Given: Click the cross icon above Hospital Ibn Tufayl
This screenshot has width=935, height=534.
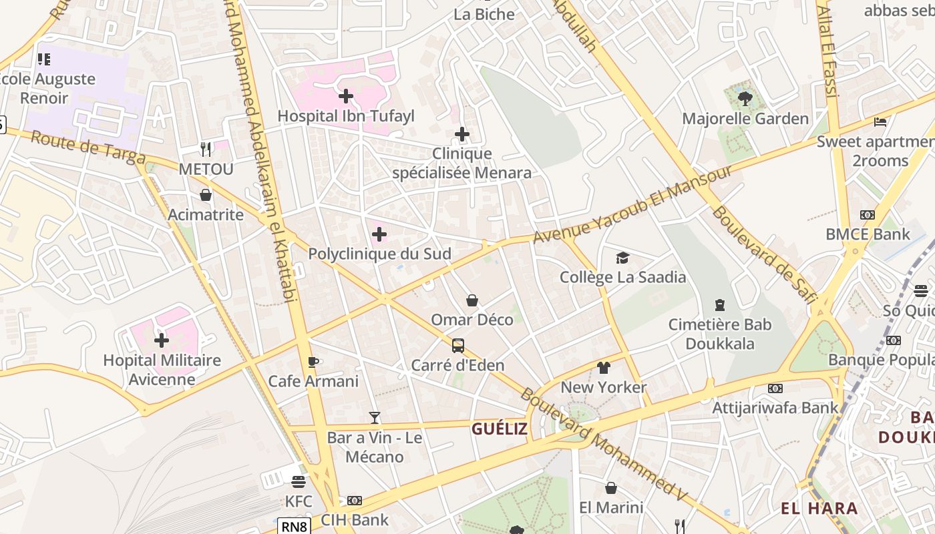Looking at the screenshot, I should [x=346, y=96].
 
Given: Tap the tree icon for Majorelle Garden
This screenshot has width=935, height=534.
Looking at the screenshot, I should [x=745, y=99].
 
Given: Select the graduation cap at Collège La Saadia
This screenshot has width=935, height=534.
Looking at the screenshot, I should [x=622, y=258].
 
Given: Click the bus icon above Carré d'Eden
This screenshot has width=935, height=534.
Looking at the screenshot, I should [x=458, y=346].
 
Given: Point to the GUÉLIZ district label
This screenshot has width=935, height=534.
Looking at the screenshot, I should [x=500, y=429].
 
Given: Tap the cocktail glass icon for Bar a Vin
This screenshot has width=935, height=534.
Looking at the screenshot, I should [x=375, y=418].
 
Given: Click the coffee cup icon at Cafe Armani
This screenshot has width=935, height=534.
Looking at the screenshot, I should [x=313, y=362].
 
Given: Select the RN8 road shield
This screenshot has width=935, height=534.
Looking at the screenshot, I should [x=294, y=527].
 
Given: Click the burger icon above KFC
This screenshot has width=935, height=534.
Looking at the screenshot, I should [x=299, y=481].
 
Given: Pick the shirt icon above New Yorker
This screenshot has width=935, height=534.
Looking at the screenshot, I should [x=604, y=367].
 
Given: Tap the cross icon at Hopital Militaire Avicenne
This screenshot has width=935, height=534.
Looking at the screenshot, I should [x=162, y=340].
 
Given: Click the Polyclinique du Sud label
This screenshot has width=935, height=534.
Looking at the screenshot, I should [x=379, y=254].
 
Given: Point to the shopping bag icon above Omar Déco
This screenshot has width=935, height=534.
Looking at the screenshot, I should [x=472, y=300].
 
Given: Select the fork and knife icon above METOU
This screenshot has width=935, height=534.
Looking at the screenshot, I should [x=206, y=149].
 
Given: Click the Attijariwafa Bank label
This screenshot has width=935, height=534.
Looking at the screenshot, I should [x=775, y=407].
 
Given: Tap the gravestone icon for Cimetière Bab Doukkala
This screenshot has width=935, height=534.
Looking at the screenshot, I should [x=720, y=305].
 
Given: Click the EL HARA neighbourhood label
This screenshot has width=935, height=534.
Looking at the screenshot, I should [x=819, y=508].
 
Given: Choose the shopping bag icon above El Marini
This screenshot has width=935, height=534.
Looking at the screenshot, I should [x=610, y=488].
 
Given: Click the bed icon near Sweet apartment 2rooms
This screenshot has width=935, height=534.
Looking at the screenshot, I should [x=880, y=122].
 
